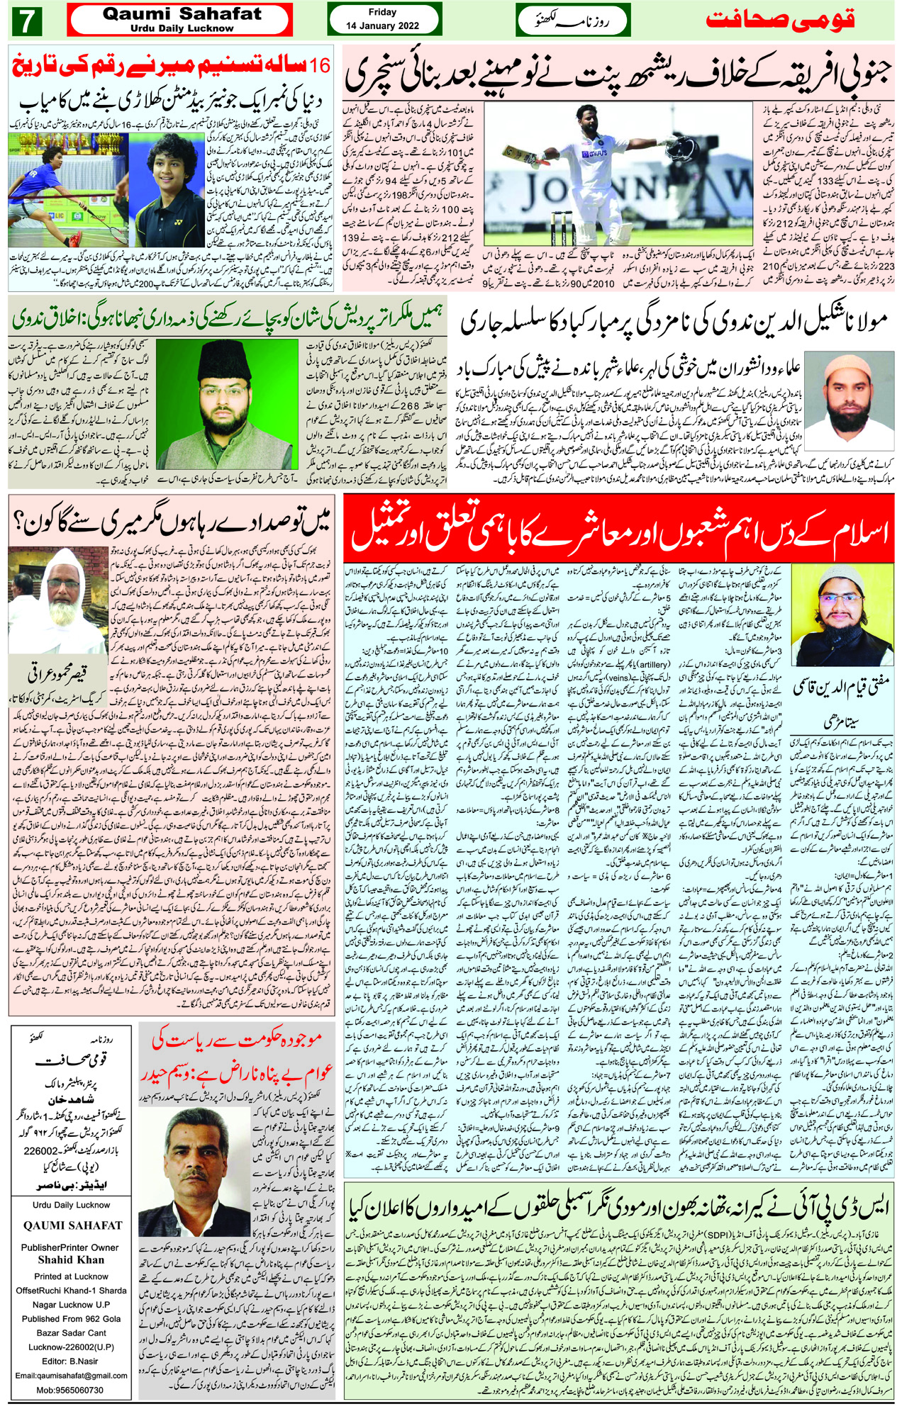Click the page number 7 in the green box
tap(27, 21)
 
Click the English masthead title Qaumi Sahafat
tap(182, 13)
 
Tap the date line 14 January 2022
tap(382, 26)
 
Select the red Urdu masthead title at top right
tap(780, 19)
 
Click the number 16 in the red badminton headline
tap(320, 66)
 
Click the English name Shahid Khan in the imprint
tap(70, 1260)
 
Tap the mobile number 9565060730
tap(71, 1391)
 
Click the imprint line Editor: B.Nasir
tap(71, 1362)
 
